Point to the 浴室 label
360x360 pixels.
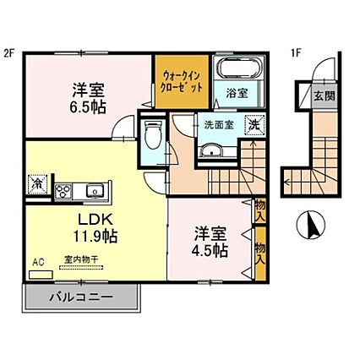click(236, 93)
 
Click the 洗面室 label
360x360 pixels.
click(218, 125)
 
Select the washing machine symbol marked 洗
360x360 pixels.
click(252, 125)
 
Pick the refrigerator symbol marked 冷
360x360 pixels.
click(38, 180)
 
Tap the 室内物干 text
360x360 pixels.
click(79, 261)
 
